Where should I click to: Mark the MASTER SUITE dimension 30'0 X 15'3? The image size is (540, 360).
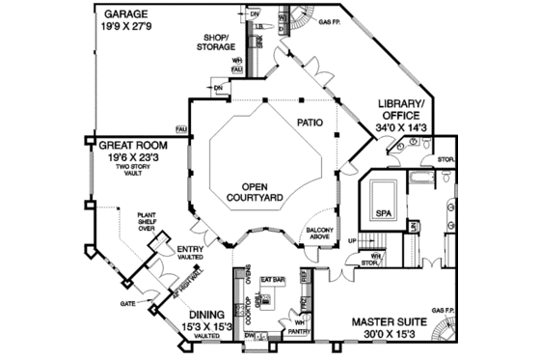pyautogui.click(x=389, y=335)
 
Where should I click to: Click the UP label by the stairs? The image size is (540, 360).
pyautogui.click(x=352, y=240)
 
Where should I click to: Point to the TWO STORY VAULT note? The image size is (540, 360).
pyautogui.click(x=130, y=172)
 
